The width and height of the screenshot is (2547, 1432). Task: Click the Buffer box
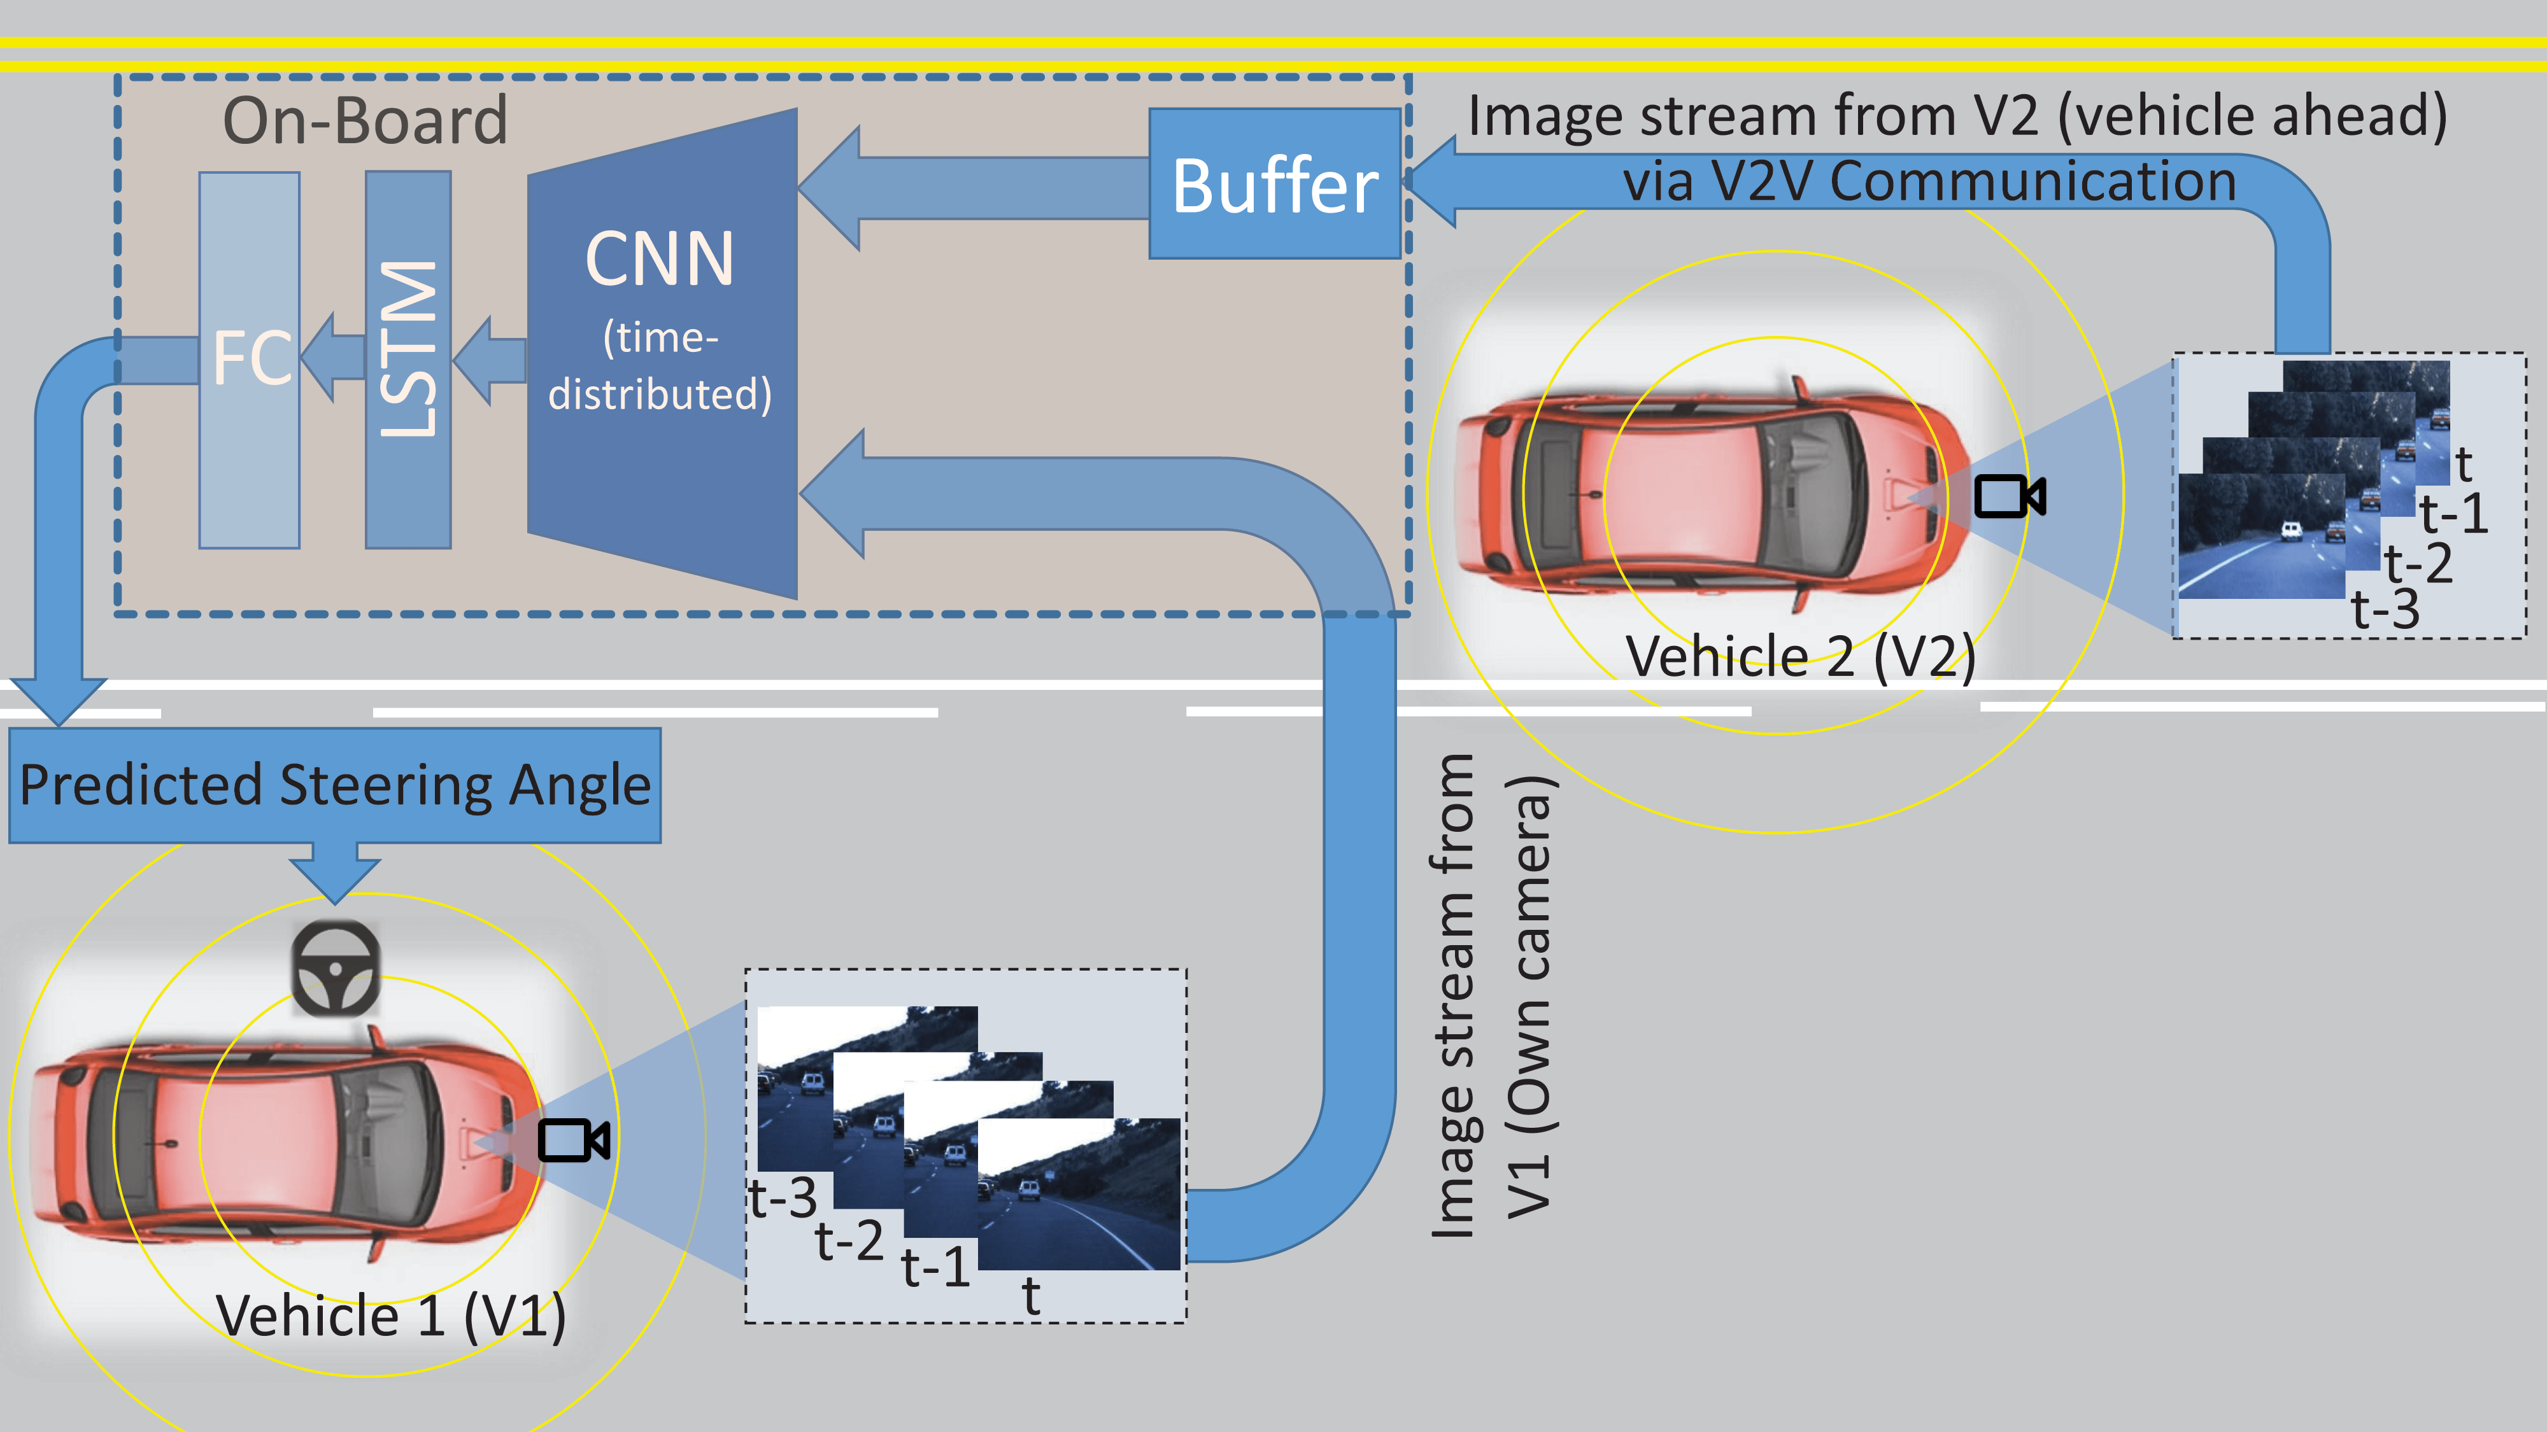point(1273,185)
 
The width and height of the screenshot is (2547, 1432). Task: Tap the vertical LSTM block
point(408,359)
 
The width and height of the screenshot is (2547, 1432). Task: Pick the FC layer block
point(249,359)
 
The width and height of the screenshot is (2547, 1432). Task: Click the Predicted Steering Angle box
point(334,785)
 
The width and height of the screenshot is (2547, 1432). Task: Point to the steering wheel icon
point(335,969)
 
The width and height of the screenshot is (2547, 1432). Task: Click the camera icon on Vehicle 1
point(572,1141)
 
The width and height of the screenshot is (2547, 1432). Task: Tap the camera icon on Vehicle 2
point(2008,496)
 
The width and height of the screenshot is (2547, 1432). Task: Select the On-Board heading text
point(365,120)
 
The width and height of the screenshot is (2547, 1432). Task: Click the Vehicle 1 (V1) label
point(390,1316)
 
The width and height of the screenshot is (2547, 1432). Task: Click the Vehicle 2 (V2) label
point(1799,656)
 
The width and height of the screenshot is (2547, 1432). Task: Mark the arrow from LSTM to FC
point(332,357)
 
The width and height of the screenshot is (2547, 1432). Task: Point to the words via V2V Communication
point(1928,182)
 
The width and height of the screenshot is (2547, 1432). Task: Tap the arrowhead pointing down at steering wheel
point(334,878)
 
